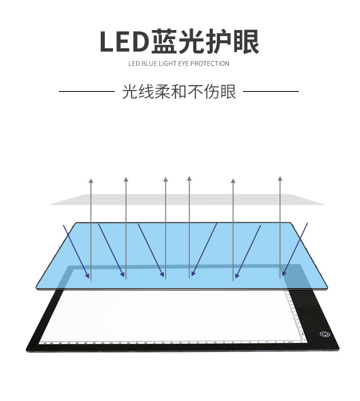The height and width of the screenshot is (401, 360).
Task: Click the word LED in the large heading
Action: pos(124,41)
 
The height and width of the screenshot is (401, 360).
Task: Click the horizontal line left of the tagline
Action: pos(87,91)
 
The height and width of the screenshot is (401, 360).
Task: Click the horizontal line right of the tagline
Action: pos(271,91)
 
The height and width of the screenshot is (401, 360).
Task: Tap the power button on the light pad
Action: pos(324,334)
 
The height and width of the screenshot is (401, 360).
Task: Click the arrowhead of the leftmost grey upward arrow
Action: pos(91,181)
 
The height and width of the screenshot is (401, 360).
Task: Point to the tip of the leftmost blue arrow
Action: pos(88,276)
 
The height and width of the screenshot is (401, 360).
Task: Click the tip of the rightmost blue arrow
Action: pos(283,275)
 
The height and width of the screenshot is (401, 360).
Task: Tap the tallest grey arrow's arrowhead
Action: pos(189,178)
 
